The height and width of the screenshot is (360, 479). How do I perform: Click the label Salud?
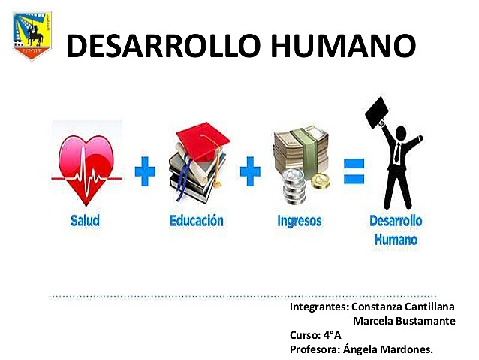tap(85, 222)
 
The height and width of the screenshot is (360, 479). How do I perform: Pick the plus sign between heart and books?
tap(146, 173)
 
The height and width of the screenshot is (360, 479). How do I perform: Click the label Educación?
tap(196, 221)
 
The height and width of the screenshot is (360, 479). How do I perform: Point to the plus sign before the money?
tap(250, 173)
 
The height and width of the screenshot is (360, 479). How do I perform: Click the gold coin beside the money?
tap(321, 182)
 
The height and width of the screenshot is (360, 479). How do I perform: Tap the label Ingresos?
tap(300, 222)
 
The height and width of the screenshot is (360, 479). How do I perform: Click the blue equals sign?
tap(353, 173)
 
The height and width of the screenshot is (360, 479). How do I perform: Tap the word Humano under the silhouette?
tap(396, 241)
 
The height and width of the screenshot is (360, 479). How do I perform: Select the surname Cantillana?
tap(430, 307)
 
